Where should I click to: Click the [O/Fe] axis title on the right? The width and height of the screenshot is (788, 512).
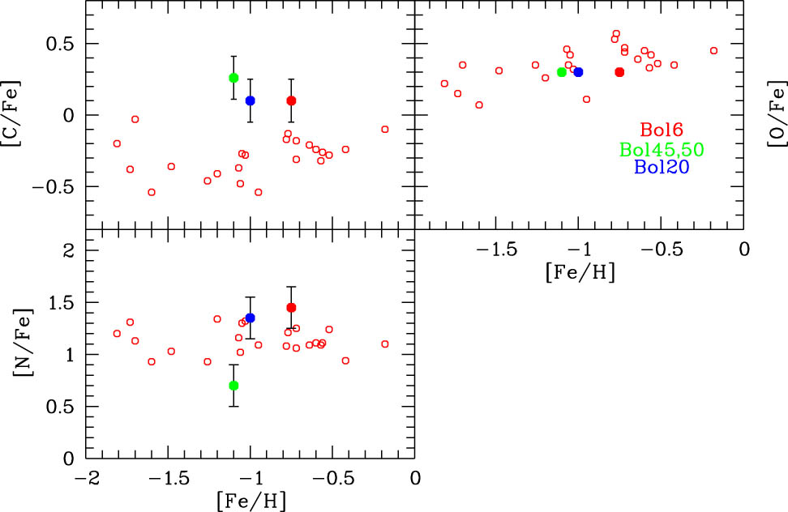click(776, 115)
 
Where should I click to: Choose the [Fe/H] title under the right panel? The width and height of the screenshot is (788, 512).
click(580, 271)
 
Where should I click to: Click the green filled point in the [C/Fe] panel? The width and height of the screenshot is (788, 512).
click(233, 78)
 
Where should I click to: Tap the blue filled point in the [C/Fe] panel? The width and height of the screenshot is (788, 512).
click(251, 100)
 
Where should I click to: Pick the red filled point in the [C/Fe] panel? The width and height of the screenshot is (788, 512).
click(291, 100)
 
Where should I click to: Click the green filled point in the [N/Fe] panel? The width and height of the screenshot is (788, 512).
click(233, 386)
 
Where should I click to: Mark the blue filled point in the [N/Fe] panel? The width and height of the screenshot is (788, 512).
click(251, 318)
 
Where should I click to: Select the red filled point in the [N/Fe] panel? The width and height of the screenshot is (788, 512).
click(291, 307)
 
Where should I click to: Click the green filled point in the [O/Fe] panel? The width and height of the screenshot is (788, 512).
click(562, 72)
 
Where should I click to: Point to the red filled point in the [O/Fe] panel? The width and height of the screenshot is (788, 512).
click(619, 72)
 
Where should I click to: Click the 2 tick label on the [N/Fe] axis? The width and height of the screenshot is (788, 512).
click(68, 251)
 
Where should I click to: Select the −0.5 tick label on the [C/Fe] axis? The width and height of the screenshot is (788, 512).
click(56, 186)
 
